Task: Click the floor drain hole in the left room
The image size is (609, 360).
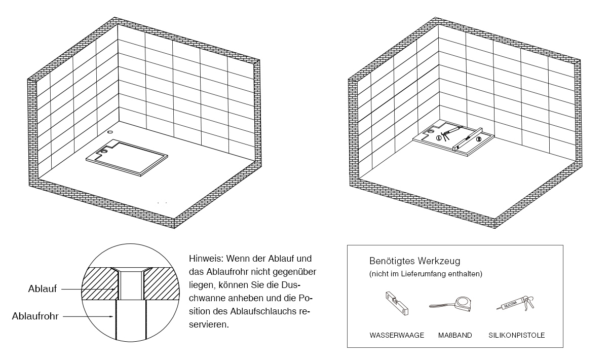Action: [x=110, y=132]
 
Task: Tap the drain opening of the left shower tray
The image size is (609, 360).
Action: [x=104, y=151]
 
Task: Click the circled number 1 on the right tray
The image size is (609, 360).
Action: [x=439, y=138]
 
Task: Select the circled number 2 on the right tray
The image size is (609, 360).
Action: [x=479, y=139]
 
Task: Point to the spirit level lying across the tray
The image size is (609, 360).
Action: [x=467, y=139]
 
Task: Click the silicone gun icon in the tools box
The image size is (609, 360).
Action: [x=515, y=304]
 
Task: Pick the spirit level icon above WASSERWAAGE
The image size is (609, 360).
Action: [x=397, y=303]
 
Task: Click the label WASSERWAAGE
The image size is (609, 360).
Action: [x=397, y=335]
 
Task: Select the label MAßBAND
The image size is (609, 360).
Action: [x=455, y=335]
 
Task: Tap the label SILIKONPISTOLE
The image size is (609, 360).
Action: [x=517, y=335]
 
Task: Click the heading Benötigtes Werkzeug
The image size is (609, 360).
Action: [x=414, y=261]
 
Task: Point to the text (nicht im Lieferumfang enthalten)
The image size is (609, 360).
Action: [x=426, y=274]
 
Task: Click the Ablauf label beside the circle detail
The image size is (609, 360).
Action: [x=43, y=289]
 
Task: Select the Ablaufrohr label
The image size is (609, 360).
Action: [x=35, y=316]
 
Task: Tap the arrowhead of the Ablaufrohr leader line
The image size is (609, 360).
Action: [x=111, y=316]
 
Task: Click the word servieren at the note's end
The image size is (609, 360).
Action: [x=209, y=325]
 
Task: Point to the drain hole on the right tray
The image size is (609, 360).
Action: [x=431, y=132]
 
